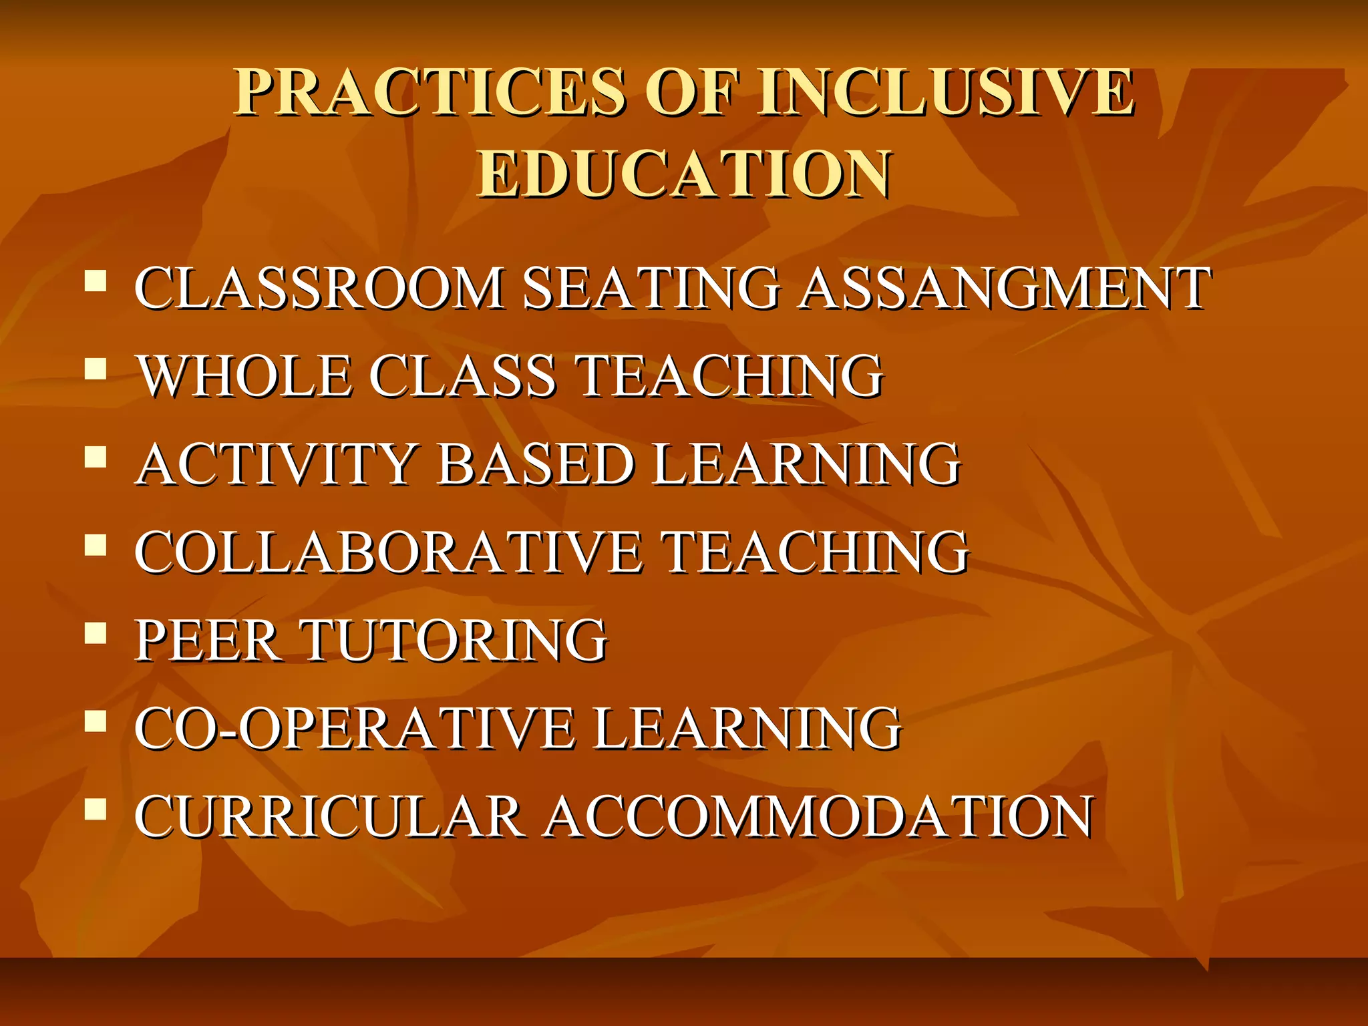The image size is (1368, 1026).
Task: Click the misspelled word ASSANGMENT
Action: (1005, 288)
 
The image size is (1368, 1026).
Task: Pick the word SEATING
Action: (651, 288)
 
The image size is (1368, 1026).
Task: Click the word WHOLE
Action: (244, 375)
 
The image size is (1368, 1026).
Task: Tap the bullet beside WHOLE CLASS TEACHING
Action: (96, 368)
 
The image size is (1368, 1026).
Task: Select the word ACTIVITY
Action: (277, 464)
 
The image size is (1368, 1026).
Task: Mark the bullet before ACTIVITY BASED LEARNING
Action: (96, 457)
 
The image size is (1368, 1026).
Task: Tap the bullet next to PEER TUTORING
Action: (96, 633)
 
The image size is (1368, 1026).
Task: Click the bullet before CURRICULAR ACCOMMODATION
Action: (96, 809)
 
